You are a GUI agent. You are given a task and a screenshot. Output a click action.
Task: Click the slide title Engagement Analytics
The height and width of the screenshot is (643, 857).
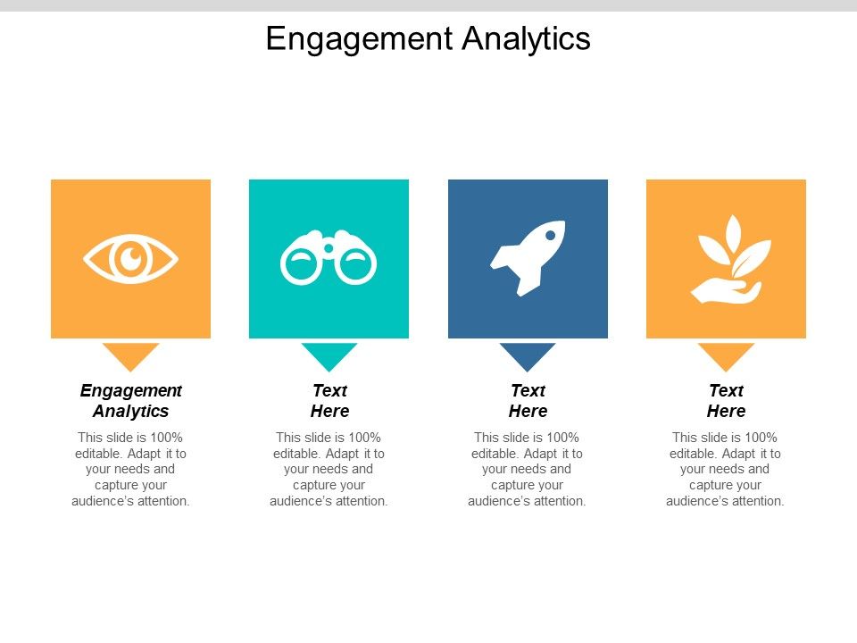click(x=428, y=39)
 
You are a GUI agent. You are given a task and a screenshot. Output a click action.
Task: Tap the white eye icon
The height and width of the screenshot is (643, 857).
click(x=130, y=259)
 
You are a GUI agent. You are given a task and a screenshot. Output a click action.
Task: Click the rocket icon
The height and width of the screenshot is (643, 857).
click(x=528, y=257)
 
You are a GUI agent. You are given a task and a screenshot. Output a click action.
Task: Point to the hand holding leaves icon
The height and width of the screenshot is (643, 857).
click(x=728, y=259)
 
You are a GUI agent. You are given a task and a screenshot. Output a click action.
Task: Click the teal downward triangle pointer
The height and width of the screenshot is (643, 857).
click(x=329, y=355)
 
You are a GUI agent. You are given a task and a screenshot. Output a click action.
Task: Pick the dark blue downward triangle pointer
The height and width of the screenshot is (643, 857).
click(x=528, y=355)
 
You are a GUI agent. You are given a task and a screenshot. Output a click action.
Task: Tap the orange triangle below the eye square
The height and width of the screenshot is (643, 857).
click(x=130, y=355)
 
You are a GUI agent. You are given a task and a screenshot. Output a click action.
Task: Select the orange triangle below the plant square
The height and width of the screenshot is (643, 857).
click(x=726, y=355)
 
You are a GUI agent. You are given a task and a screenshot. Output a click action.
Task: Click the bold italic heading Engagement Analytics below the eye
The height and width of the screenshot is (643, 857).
click(x=130, y=401)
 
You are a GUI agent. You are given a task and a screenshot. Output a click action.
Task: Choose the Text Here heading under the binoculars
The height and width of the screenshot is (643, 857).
click(x=329, y=401)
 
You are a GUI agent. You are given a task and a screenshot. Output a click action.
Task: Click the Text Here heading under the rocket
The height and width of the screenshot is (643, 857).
click(x=528, y=401)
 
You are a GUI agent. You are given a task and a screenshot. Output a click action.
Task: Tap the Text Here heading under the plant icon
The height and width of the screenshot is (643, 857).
click(x=726, y=401)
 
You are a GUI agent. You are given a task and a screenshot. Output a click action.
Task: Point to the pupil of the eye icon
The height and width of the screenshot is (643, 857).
click(x=131, y=259)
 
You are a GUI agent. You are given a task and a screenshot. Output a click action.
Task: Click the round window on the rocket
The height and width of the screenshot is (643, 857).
click(x=551, y=235)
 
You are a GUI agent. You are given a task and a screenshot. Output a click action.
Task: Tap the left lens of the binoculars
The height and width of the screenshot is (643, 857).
click(x=301, y=263)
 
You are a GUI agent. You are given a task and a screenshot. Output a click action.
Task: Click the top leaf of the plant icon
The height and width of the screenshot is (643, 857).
click(x=734, y=230)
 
